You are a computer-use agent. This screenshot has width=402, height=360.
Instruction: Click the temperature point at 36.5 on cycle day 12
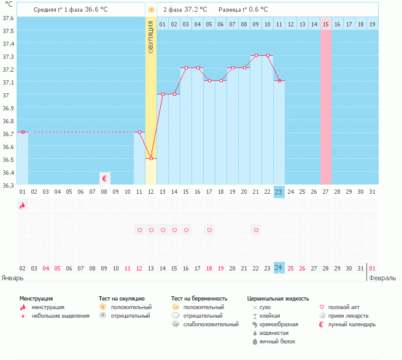151,159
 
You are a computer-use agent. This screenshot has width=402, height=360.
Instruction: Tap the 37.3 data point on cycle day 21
256,55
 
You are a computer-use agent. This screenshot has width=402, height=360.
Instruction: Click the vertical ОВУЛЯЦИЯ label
151,37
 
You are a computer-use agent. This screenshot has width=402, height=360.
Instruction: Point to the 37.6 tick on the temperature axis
8,18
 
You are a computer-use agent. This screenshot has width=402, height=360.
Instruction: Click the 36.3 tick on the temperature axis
8,185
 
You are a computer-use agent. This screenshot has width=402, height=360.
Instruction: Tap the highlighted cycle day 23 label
279,192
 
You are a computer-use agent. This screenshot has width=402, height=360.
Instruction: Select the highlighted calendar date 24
279,268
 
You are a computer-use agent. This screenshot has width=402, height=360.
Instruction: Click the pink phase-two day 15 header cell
326,24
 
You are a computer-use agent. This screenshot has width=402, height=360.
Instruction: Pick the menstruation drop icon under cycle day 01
23,205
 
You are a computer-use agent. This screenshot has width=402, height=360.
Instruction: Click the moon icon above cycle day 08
104,178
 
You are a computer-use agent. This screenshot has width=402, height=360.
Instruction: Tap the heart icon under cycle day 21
256,230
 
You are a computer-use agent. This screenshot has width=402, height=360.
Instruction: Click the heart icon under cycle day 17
209,230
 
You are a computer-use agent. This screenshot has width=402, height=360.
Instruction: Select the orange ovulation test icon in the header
151,10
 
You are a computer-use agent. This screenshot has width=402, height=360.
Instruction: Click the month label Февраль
382,278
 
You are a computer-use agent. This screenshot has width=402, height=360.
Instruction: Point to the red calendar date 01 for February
373,268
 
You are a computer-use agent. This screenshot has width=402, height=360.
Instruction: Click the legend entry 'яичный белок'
277,342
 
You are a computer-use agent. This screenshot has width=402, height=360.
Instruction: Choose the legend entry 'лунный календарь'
352,324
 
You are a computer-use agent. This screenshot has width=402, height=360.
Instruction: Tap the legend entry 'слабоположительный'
211,324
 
